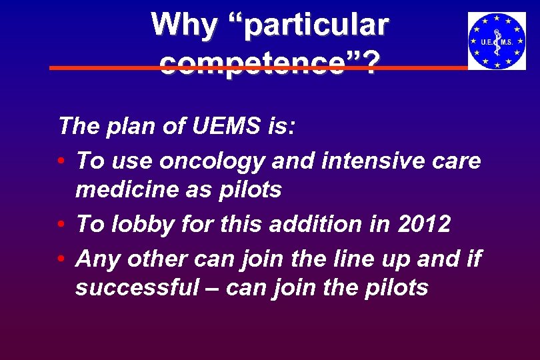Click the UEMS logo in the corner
[497, 41]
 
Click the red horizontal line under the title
[100, 68]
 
